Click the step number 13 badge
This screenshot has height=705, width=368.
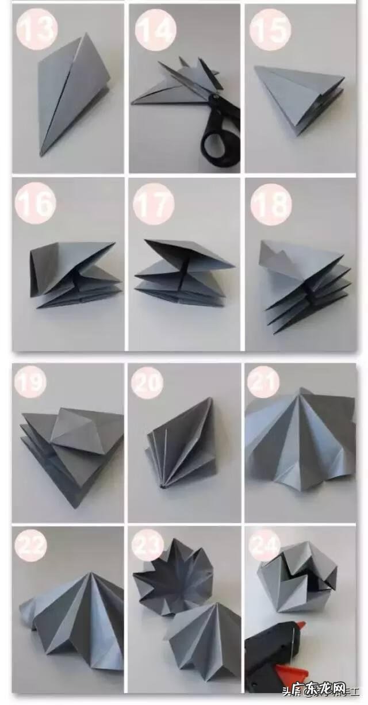click(x=36, y=26)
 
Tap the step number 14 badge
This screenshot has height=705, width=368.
click(x=154, y=26)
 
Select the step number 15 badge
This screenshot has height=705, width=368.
click(x=270, y=26)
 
